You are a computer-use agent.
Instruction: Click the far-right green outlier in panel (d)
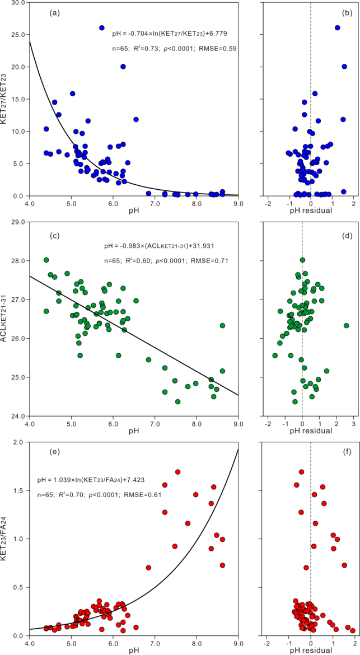(x=346, y=325)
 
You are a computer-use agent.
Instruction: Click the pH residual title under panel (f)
(x=310, y=651)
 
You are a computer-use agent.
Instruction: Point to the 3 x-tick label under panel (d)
(x=353, y=423)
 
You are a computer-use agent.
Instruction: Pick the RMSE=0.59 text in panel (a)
(x=215, y=49)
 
